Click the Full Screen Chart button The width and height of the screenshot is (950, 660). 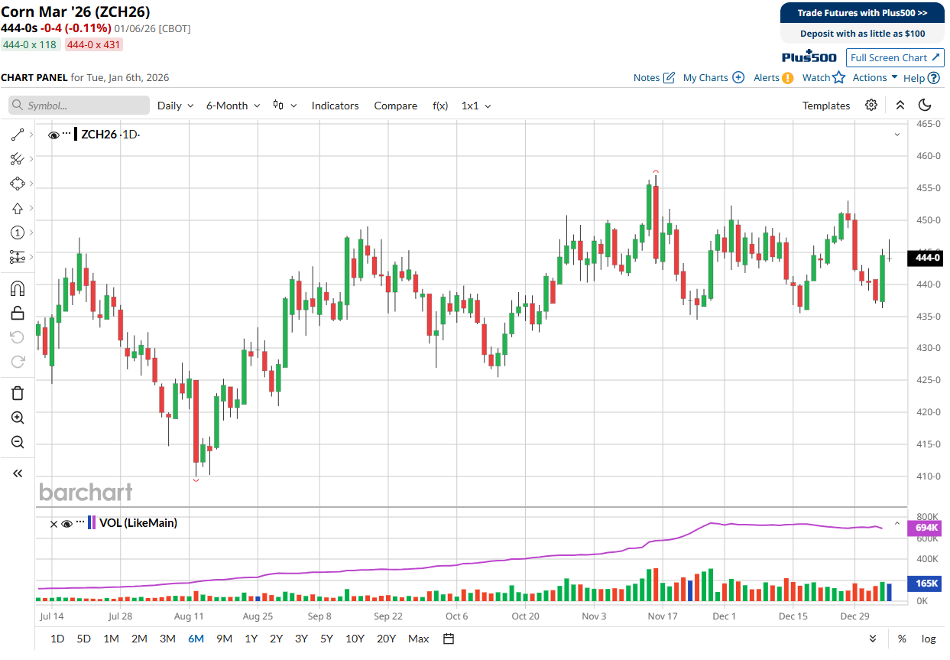click(x=895, y=57)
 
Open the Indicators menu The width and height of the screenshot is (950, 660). click(x=335, y=106)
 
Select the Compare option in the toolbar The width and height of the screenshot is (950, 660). click(x=395, y=106)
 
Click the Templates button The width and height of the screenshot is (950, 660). click(x=825, y=106)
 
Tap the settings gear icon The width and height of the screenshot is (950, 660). click(x=871, y=106)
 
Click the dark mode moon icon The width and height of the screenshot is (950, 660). click(x=925, y=106)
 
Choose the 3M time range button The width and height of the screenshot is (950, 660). click(x=167, y=639)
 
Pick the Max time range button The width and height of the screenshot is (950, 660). click(x=419, y=639)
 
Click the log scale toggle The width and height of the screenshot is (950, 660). click(x=929, y=639)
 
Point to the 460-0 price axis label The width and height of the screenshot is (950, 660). click(x=929, y=156)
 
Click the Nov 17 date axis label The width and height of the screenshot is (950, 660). click(x=663, y=616)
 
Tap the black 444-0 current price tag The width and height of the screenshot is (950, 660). click(x=925, y=258)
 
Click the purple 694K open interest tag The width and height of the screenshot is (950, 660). click(x=925, y=528)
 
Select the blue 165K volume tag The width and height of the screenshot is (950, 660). click(x=925, y=584)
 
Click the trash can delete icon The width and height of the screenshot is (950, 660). click(x=18, y=393)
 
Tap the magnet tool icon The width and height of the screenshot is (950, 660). click(x=18, y=289)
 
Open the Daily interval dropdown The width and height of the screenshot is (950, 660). click(x=175, y=106)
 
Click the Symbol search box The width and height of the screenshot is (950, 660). click(x=79, y=106)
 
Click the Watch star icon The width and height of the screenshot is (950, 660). click(x=838, y=78)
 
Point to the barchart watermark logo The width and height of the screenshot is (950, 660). click(x=86, y=493)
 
